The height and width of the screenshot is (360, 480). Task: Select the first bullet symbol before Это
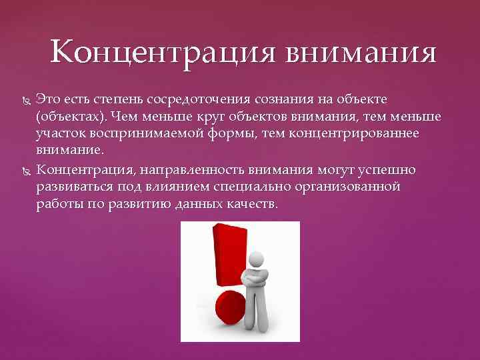(x=25, y=101)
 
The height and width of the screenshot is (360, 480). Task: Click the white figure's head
(x=257, y=245)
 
